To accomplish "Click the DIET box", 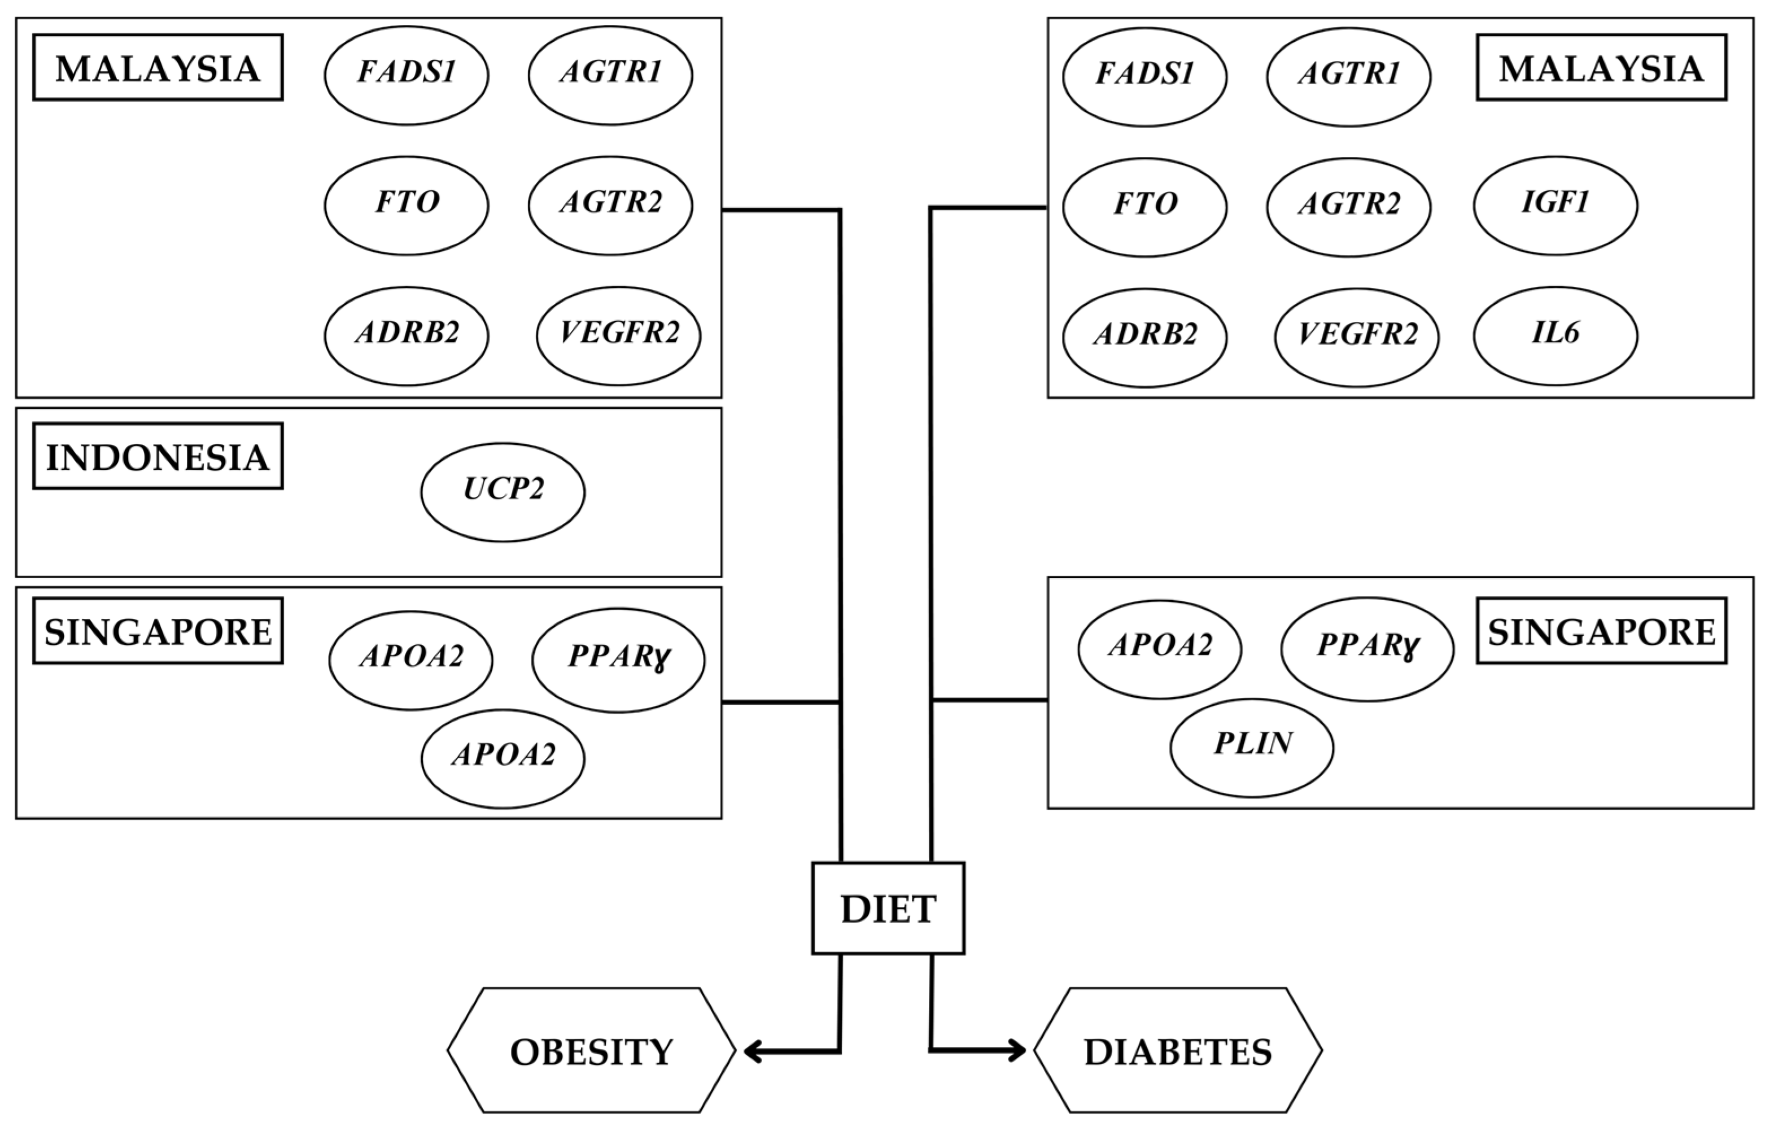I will click(x=888, y=909).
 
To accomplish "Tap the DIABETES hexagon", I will click(x=1177, y=1051).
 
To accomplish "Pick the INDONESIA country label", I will click(x=158, y=456).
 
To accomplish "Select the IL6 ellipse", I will click(x=1555, y=335).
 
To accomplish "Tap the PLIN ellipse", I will click(x=1252, y=747).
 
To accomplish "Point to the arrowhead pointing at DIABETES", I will click(x=1017, y=1050).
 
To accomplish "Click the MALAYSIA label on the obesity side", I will click(x=158, y=67).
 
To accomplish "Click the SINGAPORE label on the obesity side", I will click(x=158, y=631).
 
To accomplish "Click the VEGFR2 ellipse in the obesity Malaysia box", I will click(x=618, y=336).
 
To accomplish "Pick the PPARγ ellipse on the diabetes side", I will click(x=1367, y=648).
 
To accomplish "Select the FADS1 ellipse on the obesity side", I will click(x=406, y=75).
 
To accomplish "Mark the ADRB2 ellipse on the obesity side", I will click(x=406, y=336).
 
